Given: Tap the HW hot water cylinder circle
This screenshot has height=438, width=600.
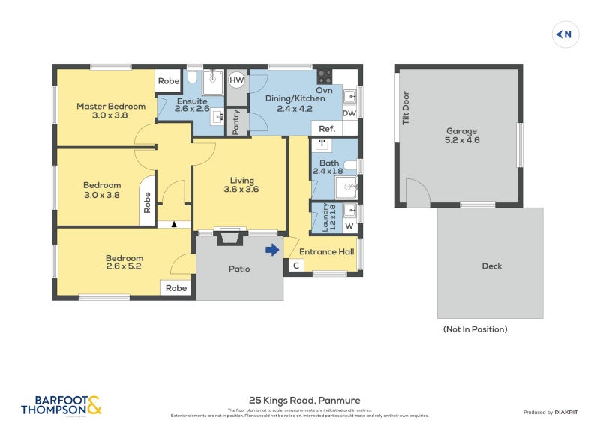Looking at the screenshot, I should [237, 79].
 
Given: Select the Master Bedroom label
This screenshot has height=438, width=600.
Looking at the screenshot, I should [110, 106].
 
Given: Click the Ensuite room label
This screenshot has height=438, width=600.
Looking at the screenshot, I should [192, 100].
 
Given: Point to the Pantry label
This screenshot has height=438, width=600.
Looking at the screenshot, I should [236, 121].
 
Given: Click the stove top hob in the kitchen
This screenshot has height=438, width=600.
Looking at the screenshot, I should [325, 76].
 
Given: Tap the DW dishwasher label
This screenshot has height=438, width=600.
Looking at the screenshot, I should [349, 113].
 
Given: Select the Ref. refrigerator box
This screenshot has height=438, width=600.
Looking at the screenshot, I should [326, 129].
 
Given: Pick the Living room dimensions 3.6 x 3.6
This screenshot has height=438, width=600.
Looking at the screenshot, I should [241, 190].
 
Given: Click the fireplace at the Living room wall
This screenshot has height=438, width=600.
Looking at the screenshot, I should [229, 237].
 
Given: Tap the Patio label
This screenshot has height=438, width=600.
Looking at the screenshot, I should [239, 268].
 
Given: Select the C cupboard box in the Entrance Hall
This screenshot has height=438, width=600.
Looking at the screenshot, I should [295, 265].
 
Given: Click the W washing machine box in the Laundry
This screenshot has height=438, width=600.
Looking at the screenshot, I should [349, 226].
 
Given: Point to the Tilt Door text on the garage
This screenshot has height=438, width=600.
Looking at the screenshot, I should [406, 107].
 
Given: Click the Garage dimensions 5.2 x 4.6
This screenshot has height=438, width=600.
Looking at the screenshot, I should [462, 139].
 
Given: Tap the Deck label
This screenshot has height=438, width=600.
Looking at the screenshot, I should [492, 265].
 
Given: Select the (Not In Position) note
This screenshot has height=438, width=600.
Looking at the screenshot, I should [475, 328].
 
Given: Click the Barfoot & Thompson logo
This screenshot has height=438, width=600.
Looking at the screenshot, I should [61, 405].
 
